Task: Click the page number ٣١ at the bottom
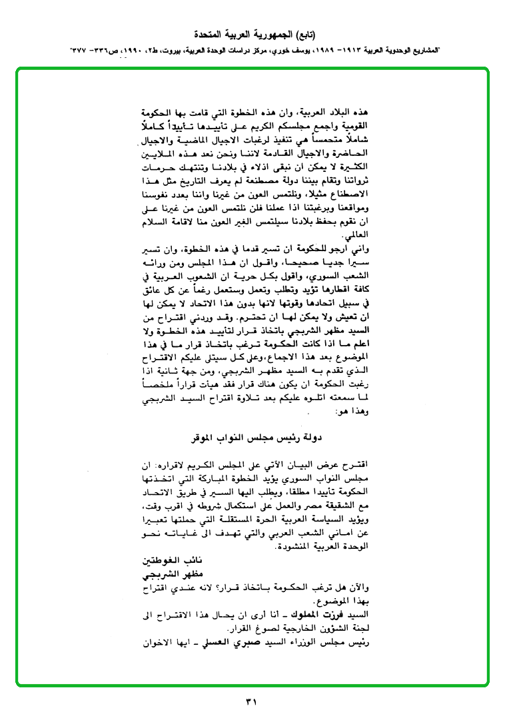[x=251, y=700]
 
